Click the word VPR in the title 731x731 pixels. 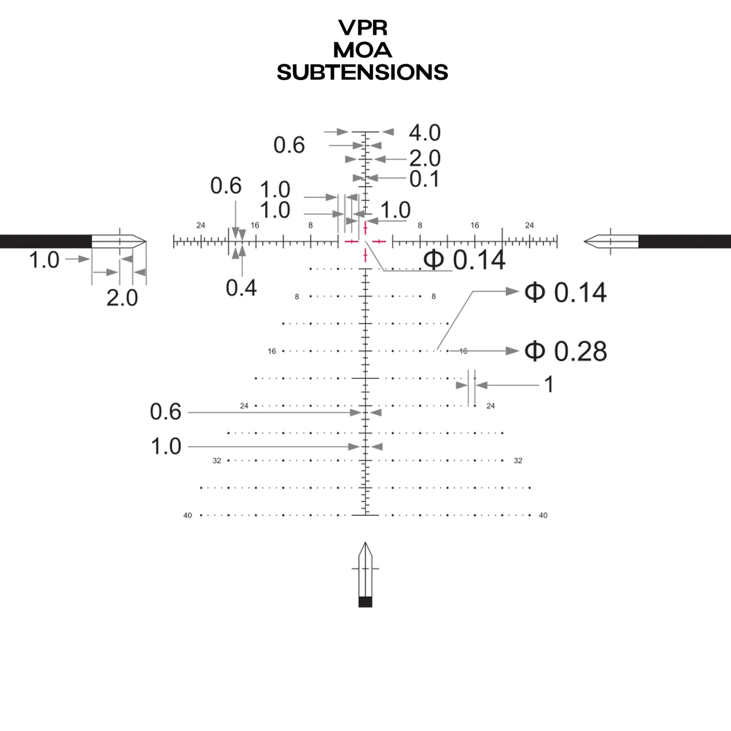(x=362, y=28)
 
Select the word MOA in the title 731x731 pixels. (x=362, y=50)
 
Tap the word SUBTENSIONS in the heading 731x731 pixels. (x=362, y=72)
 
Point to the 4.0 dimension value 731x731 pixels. (x=424, y=133)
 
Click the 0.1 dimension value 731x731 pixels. (x=424, y=179)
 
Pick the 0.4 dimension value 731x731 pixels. (x=241, y=288)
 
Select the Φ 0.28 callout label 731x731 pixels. (x=565, y=351)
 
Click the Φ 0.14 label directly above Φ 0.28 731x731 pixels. (x=565, y=292)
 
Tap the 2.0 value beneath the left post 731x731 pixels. (x=122, y=298)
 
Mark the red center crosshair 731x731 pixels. (x=365, y=242)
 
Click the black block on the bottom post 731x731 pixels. (x=365, y=601)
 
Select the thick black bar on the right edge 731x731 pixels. (x=684, y=241)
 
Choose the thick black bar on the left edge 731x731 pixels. (x=46, y=241)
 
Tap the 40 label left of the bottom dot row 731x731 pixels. (x=188, y=515)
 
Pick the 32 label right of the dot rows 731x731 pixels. (x=518, y=461)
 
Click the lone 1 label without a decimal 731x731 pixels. (x=548, y=385)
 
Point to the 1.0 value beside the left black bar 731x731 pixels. (x=44, y=261)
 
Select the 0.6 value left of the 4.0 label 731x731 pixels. (x=289, y=146)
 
